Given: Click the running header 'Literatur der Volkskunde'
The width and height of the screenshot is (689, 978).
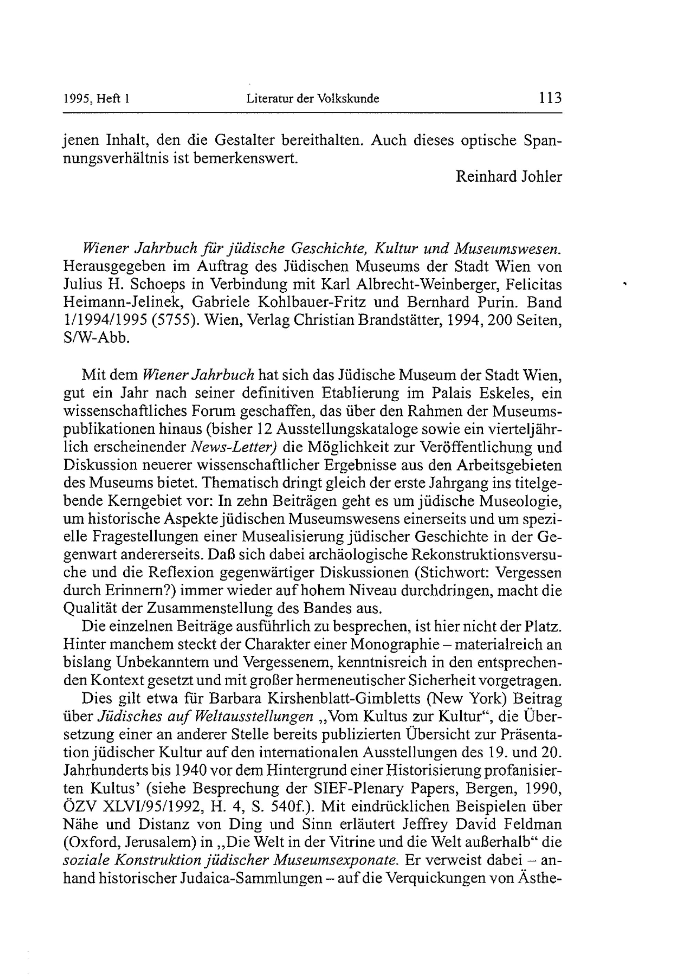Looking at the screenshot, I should coord(313,99).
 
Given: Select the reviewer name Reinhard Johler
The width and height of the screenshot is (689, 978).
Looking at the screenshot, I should coord(508,177).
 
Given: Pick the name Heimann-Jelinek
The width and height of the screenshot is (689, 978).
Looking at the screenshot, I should coord(123,302).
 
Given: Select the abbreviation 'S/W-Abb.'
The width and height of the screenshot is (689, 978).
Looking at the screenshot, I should coord(96,338).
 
